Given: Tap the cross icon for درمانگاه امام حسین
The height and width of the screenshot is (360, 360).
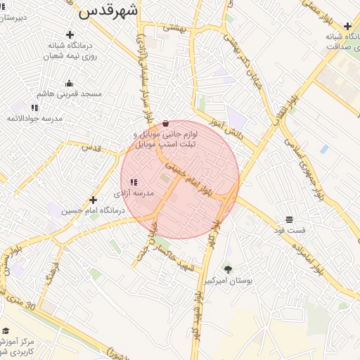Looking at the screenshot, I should click(x=93, y=200).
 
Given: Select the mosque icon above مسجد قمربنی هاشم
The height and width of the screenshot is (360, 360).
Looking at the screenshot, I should click(x=69, y=83).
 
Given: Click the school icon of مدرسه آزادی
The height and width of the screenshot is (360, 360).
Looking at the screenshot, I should click(x=134, y=182).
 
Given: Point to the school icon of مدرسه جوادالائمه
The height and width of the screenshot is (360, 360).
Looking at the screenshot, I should click(x=34, y=108).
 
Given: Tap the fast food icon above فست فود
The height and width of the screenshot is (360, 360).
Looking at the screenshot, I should click(x=289, y=219).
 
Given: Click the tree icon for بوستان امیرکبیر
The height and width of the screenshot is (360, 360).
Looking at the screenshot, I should click(x=227, y=269).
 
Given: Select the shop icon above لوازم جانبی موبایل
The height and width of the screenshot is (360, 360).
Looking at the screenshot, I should click(x=165, y=123).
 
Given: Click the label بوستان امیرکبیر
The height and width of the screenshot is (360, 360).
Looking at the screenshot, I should click(x=227, y=281).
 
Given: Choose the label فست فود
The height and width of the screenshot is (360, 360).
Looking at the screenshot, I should click(x=290, y=230).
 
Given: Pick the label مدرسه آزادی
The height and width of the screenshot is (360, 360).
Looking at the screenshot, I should click(x=134, y=193).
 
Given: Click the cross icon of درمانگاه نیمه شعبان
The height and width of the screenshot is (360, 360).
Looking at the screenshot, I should click(x=70, y=34).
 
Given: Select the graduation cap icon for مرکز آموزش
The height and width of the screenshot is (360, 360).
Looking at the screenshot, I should click(x=6, y=330).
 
